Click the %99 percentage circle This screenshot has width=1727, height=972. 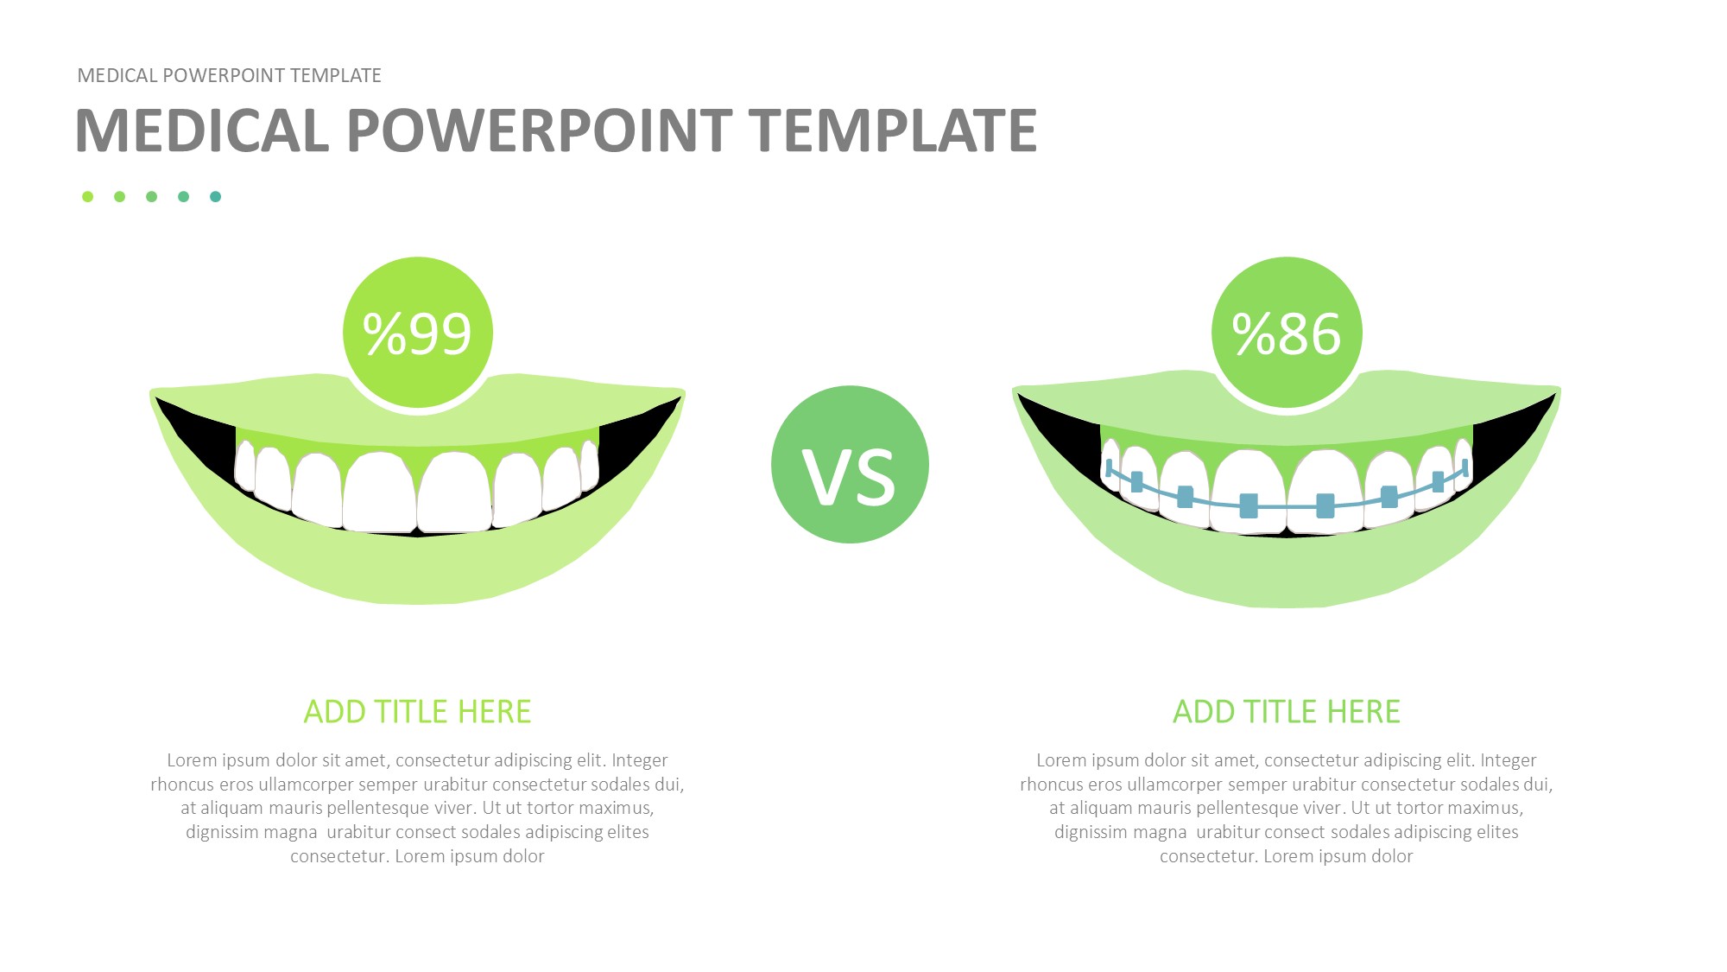[x=418, y=332]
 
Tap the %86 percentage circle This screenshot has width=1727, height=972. [x=1287, y=332]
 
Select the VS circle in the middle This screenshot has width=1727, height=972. [x=850, y=465]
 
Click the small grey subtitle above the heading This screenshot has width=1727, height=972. [x=230, y=76]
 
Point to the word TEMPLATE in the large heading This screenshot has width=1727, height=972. [x=893, y=130]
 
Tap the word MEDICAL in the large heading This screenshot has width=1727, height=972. [x=202, y=130]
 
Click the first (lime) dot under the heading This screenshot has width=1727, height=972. [x=87, y=197]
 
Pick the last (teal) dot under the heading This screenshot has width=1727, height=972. [x=215, y=197]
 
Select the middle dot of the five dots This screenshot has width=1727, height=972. [x=151, y=197]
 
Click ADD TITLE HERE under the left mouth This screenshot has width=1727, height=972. [x=418, y=712]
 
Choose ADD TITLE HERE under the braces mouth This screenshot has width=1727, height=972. [x=1287, y=712]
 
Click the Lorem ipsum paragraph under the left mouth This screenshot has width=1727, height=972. [x=418, y=808]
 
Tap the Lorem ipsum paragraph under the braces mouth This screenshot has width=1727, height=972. [x=1287, y=808]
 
